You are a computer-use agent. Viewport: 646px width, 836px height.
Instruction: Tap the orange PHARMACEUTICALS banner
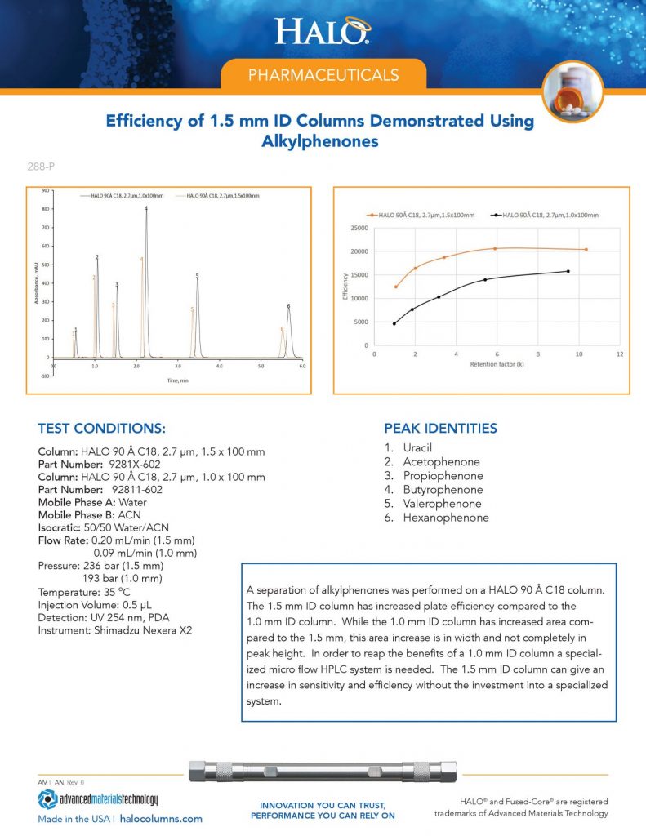pos(323,75)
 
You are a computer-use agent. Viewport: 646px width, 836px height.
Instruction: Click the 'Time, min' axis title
pos(178,381)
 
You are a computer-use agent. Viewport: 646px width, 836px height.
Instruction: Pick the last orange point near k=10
pos(586,250)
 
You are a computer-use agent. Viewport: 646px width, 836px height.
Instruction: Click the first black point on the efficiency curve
pos(394,324)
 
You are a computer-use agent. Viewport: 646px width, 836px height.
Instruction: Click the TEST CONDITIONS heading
pos(102,429)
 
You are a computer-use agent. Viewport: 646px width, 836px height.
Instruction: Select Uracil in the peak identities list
pos(418,448)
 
